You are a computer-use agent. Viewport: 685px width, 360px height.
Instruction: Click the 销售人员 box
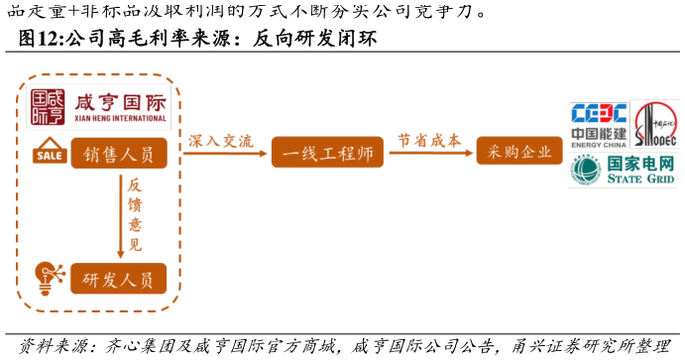pyautogui.click(x=118, y=156)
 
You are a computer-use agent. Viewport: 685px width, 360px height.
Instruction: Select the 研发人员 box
pyautogui.click(x=118, y=280)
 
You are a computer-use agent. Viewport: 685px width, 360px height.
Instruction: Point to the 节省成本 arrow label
pyautogui.click(x=429, y=141)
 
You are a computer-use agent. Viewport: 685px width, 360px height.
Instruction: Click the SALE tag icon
pyautogui.click(x=49, y=155)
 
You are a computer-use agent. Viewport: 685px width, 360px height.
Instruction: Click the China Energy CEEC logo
pyautogui.click(x=599, y=125)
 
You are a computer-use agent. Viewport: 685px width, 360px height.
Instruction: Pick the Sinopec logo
pyautogui.click(x=655, y=125)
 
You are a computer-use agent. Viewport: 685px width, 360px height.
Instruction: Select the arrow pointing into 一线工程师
pyautogui.click(x=227, y=153)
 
